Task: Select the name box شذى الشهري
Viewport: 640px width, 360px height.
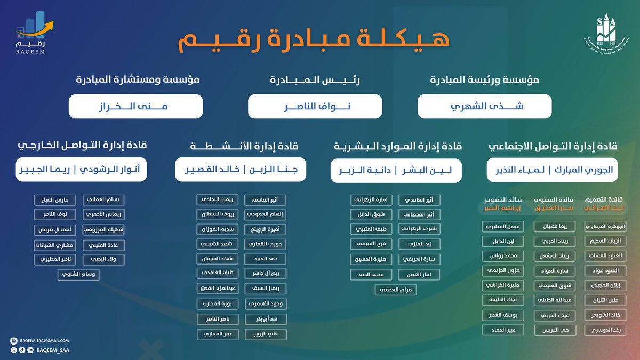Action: [x=484, y=106]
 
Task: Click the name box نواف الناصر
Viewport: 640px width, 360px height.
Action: [x=315, y=106]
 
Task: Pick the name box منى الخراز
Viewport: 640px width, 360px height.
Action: [x=135, y=106]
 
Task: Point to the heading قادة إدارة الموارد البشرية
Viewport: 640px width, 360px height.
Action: [x=397, y=146]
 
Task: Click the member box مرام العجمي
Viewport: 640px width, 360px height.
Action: [x=396, y=290]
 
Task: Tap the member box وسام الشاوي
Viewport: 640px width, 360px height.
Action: [x=78, y=275]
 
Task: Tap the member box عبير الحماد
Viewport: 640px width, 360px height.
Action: [x=503, y=330]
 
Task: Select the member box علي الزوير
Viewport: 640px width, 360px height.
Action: [x=266, y=334]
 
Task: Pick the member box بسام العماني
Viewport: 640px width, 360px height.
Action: [x=104, y=200]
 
